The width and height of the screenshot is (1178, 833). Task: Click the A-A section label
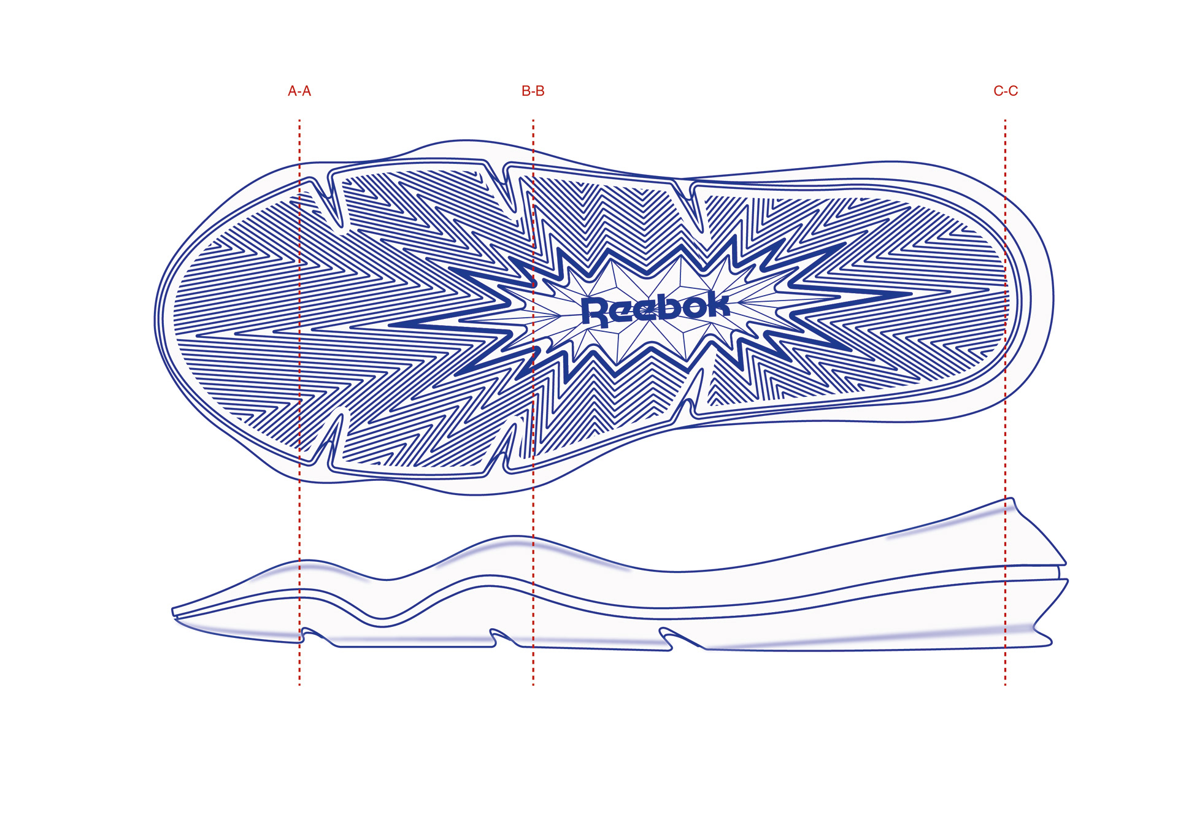[299, 91]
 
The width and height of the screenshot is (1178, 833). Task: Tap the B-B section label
[533, 91]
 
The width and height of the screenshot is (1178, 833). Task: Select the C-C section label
[1005, 91]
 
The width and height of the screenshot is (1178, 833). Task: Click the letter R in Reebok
[594, 311]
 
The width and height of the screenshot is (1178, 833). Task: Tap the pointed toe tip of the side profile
[174, 612]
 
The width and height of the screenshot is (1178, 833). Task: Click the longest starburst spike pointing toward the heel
[902, 294]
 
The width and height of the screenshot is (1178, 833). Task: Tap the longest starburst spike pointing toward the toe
[399, 324]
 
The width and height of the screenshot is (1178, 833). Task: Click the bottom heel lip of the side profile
[1047, 640]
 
